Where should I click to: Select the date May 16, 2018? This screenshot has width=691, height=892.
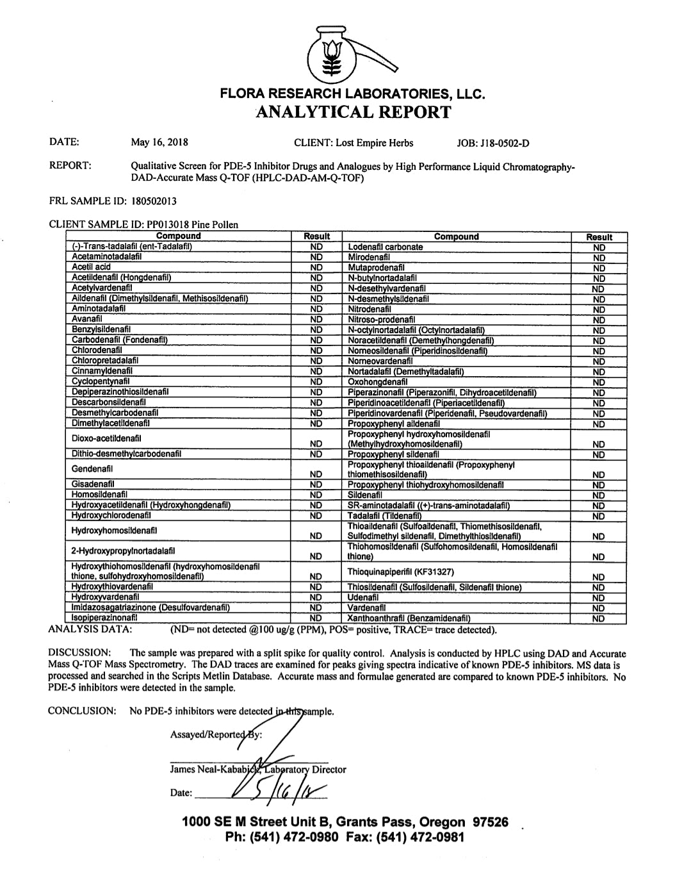click(159, 142)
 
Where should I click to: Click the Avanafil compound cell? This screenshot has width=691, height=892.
click(87, 318)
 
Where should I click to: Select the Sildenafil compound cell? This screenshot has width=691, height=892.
click(365, 495)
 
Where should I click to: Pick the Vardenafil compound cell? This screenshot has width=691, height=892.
click(366, 607)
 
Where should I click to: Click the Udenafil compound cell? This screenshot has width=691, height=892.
click(363, 597)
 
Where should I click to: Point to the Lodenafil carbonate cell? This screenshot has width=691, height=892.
click(386, 247)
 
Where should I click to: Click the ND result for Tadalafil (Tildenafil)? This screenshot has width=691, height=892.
click(598, 516)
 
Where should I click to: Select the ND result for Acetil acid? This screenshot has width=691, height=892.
click(316, 267)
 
